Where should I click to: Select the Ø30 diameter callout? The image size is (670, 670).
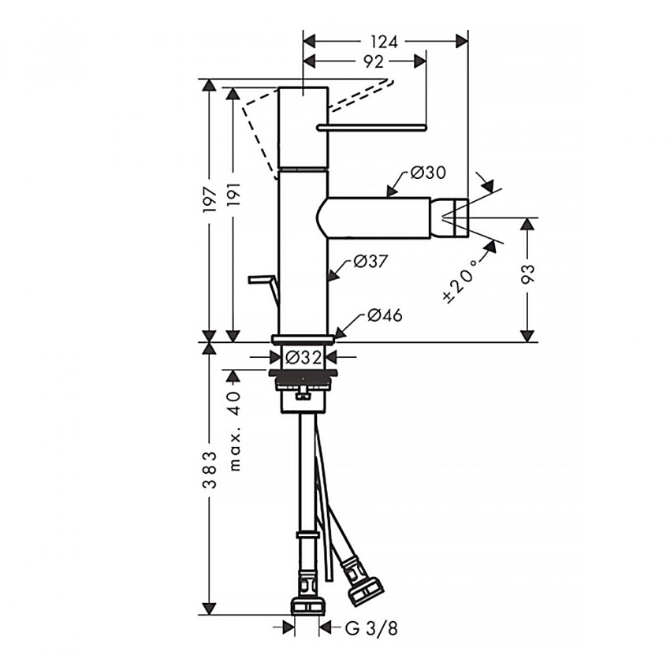click(426, 173)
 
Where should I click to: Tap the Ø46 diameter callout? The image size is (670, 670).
click(384, 315)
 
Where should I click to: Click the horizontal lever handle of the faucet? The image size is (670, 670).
click(370, 127)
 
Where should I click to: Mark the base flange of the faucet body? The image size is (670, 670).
click(303, 339)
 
